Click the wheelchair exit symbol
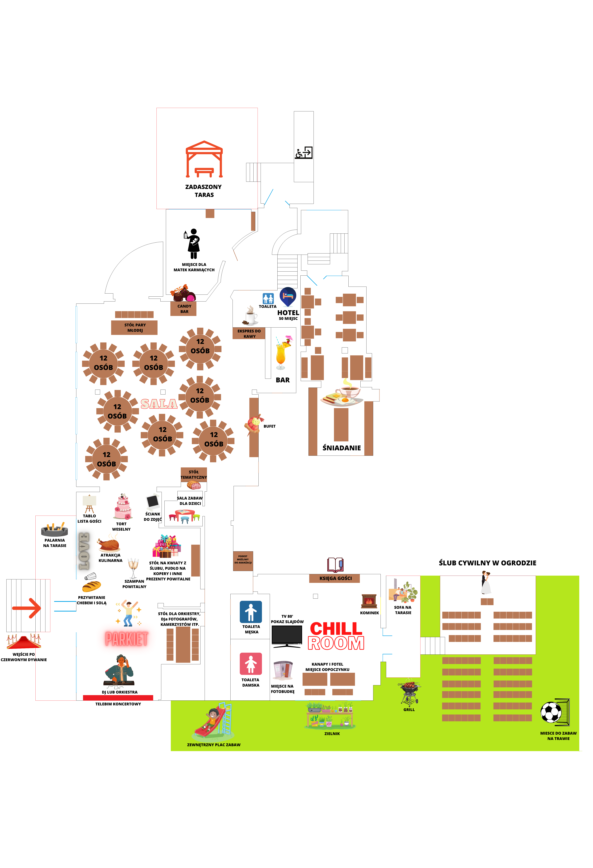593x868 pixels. (x=304, y=153)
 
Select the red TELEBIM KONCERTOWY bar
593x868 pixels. (x=118, y=698)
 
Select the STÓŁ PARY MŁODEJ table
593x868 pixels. (x=134, y=328)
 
